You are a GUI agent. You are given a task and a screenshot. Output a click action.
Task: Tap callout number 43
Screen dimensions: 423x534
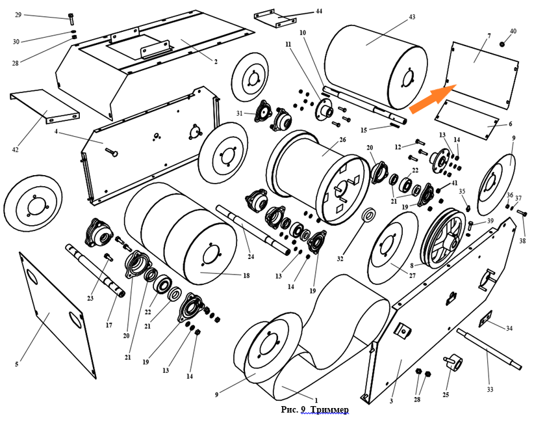412,18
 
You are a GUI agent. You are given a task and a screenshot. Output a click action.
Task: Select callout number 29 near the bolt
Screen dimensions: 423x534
18,14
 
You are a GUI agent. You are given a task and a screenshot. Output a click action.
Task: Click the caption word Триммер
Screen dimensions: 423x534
330,409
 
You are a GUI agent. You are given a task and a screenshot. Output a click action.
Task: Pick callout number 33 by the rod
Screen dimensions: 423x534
490,389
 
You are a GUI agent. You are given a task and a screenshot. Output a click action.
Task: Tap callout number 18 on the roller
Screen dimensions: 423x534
246,276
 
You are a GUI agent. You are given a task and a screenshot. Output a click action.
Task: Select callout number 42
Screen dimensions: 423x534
15,150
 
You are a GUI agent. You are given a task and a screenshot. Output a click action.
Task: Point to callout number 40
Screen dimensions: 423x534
513,31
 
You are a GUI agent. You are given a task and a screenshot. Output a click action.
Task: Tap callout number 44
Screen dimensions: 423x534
318,11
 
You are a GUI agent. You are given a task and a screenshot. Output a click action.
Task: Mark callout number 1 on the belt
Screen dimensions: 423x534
316,400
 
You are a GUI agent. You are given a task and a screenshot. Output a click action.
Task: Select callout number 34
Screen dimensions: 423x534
509,328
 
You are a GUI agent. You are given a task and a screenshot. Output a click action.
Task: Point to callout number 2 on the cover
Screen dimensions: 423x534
216,61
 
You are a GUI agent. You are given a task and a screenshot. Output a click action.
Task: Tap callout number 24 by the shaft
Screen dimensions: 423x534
251,256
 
